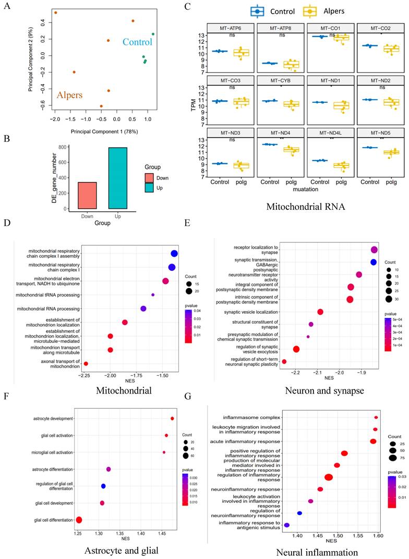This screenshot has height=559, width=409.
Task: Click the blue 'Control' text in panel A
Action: pos(137,42)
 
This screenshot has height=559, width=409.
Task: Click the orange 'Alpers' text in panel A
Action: pos(72,94)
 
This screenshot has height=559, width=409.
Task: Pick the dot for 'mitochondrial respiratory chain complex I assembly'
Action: pos(174,254)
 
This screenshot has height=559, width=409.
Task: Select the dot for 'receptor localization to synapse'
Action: pos(374,250)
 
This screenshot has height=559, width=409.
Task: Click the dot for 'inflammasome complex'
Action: pos(376,418)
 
